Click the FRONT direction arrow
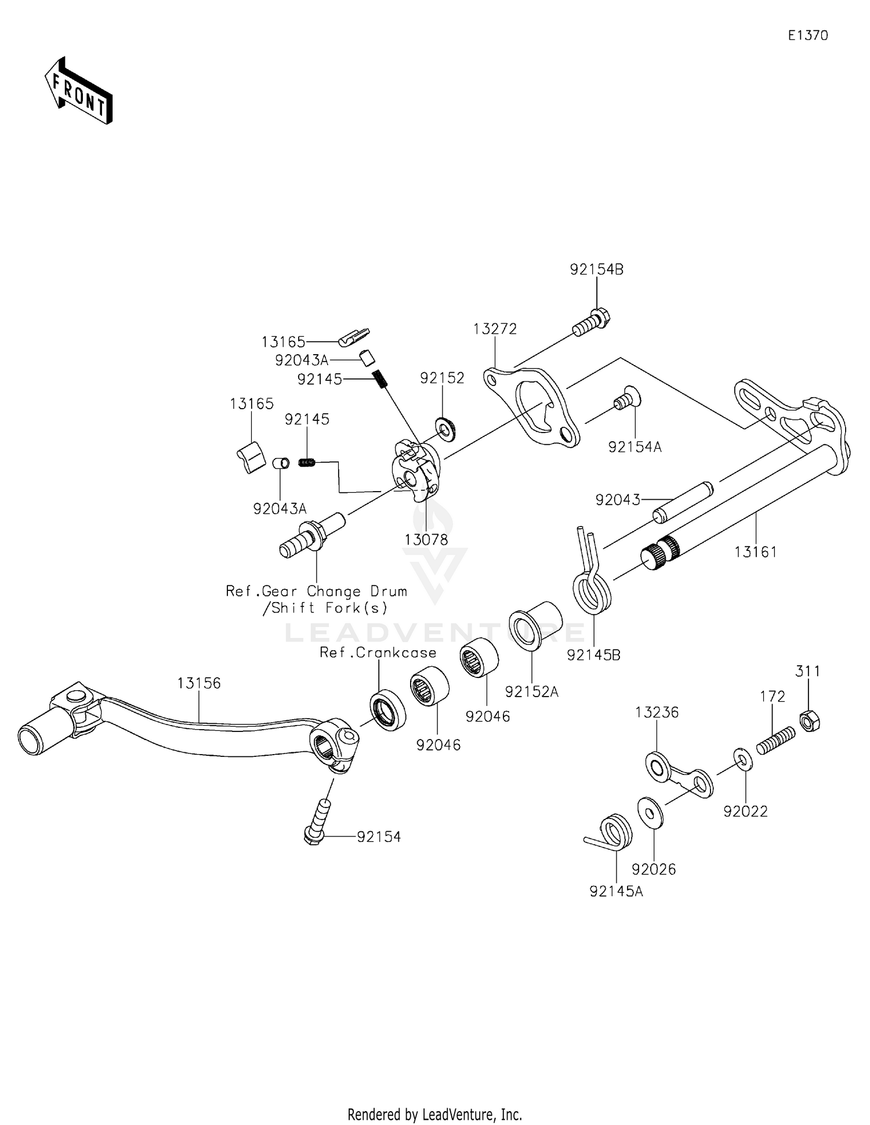click(79, 92)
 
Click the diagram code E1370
click(807, 35)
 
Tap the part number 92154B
click(596, 269)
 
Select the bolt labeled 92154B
click(592, 323)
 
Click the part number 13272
click(495, 329)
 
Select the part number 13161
click(755, 552)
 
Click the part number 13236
click(657, 712)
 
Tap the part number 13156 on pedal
click(199, 683)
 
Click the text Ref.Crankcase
click(378, 652)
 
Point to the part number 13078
click(426, 540)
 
